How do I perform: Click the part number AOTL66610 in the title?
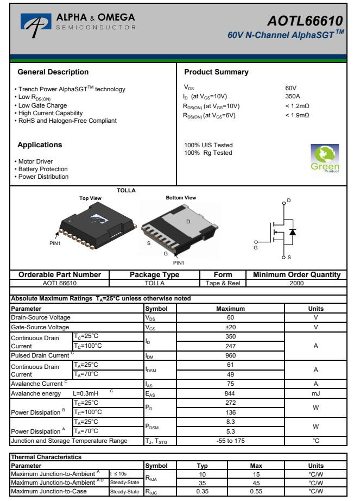(x=306, y=21)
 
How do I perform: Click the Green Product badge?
(x=324, y=158)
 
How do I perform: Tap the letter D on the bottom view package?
(x=188, y=222)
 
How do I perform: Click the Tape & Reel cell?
(x=223, y=283)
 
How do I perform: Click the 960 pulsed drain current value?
(x=230, y=355)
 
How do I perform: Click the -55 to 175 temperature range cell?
(x=230, y=440)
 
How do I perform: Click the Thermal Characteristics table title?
(x=45, y=458)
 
